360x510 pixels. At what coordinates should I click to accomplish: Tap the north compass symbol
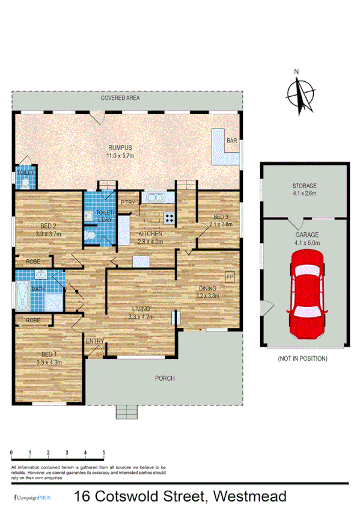(x=299, y=93)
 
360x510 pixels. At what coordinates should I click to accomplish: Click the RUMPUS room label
(x=120, y=147)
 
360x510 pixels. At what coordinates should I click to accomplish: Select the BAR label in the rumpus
(x=231, y=141)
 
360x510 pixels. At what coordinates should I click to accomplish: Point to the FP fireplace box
(x=229, y=277)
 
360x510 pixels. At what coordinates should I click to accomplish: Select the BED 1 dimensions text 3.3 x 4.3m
(x=49, y=362)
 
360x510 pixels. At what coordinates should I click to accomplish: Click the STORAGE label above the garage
(x=304, y=186)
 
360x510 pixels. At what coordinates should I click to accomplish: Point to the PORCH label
(x=164, y=378)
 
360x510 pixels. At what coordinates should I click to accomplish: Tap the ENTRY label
(x=95, y=342)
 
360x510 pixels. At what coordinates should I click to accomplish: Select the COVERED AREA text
(x=120, y=97)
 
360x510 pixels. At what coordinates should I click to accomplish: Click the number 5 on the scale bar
(x=104, y=452)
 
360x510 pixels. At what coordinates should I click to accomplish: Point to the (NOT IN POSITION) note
(x=302, y=358)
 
